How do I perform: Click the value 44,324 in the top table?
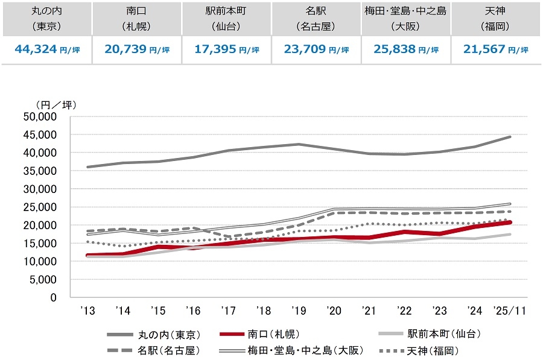[x=34, y=50]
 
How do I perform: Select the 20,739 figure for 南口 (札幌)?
[x=124, y=50]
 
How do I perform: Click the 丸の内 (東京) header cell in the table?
[x=46, y=18]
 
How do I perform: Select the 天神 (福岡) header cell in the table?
[x=496, y=18]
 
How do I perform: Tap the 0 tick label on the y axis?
[x=54, y=297]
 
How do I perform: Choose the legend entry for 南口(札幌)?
[x=271, y=333]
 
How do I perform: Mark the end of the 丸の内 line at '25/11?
[x=510, y=137]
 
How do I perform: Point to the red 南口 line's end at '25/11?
[x=510, y=223]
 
